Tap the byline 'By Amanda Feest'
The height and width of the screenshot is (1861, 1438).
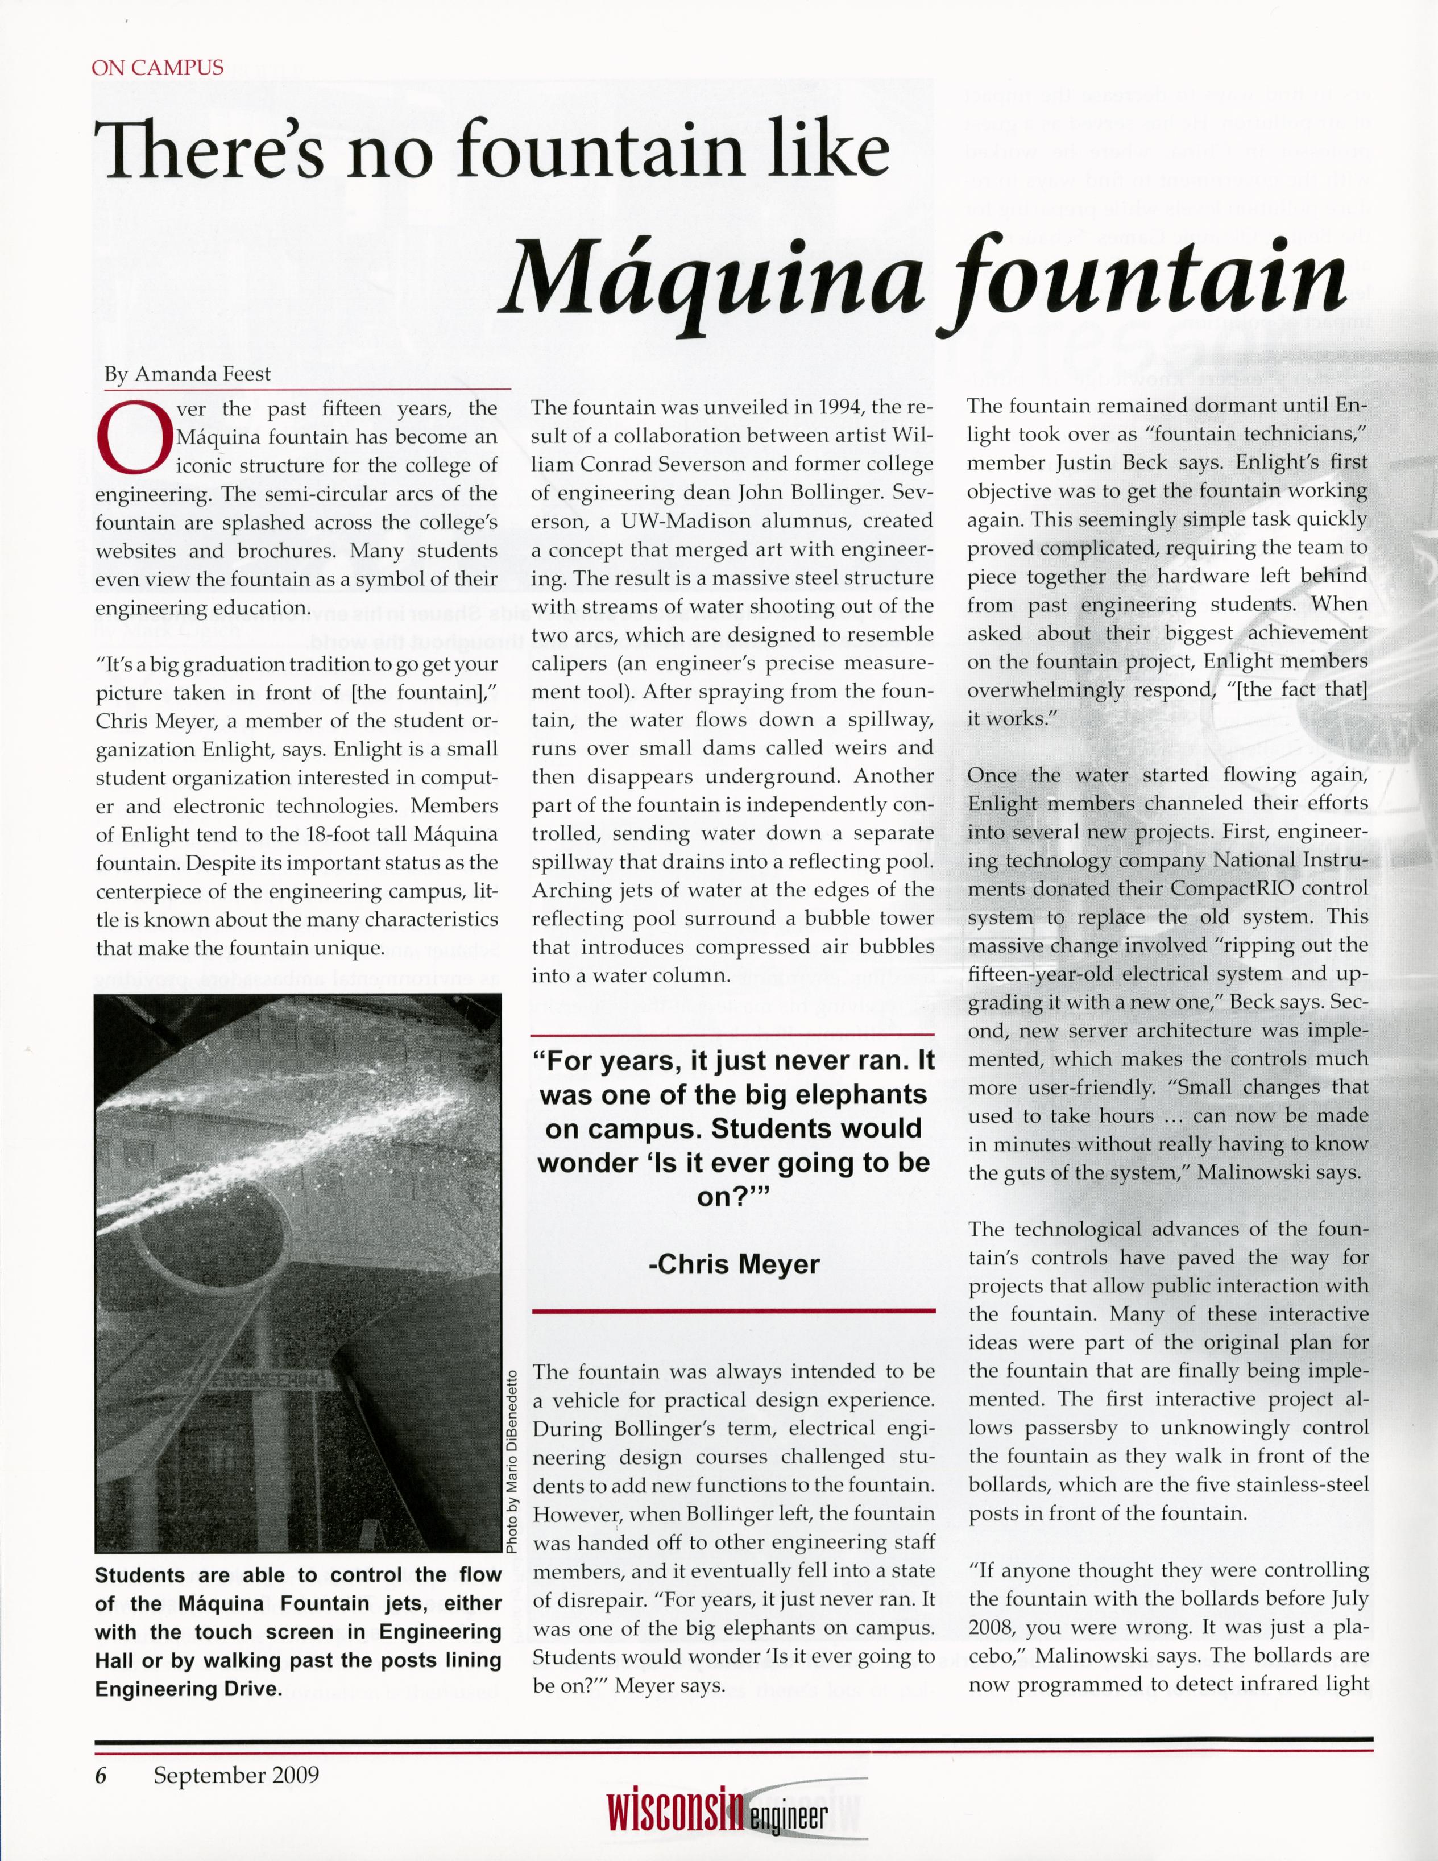[x=188, y=373]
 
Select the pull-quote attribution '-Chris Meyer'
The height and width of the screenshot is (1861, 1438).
[x=733, y=1264]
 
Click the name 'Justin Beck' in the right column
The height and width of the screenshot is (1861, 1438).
[x=1106, y=463]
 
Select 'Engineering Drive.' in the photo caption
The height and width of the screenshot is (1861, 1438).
[x=188, y=1688]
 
